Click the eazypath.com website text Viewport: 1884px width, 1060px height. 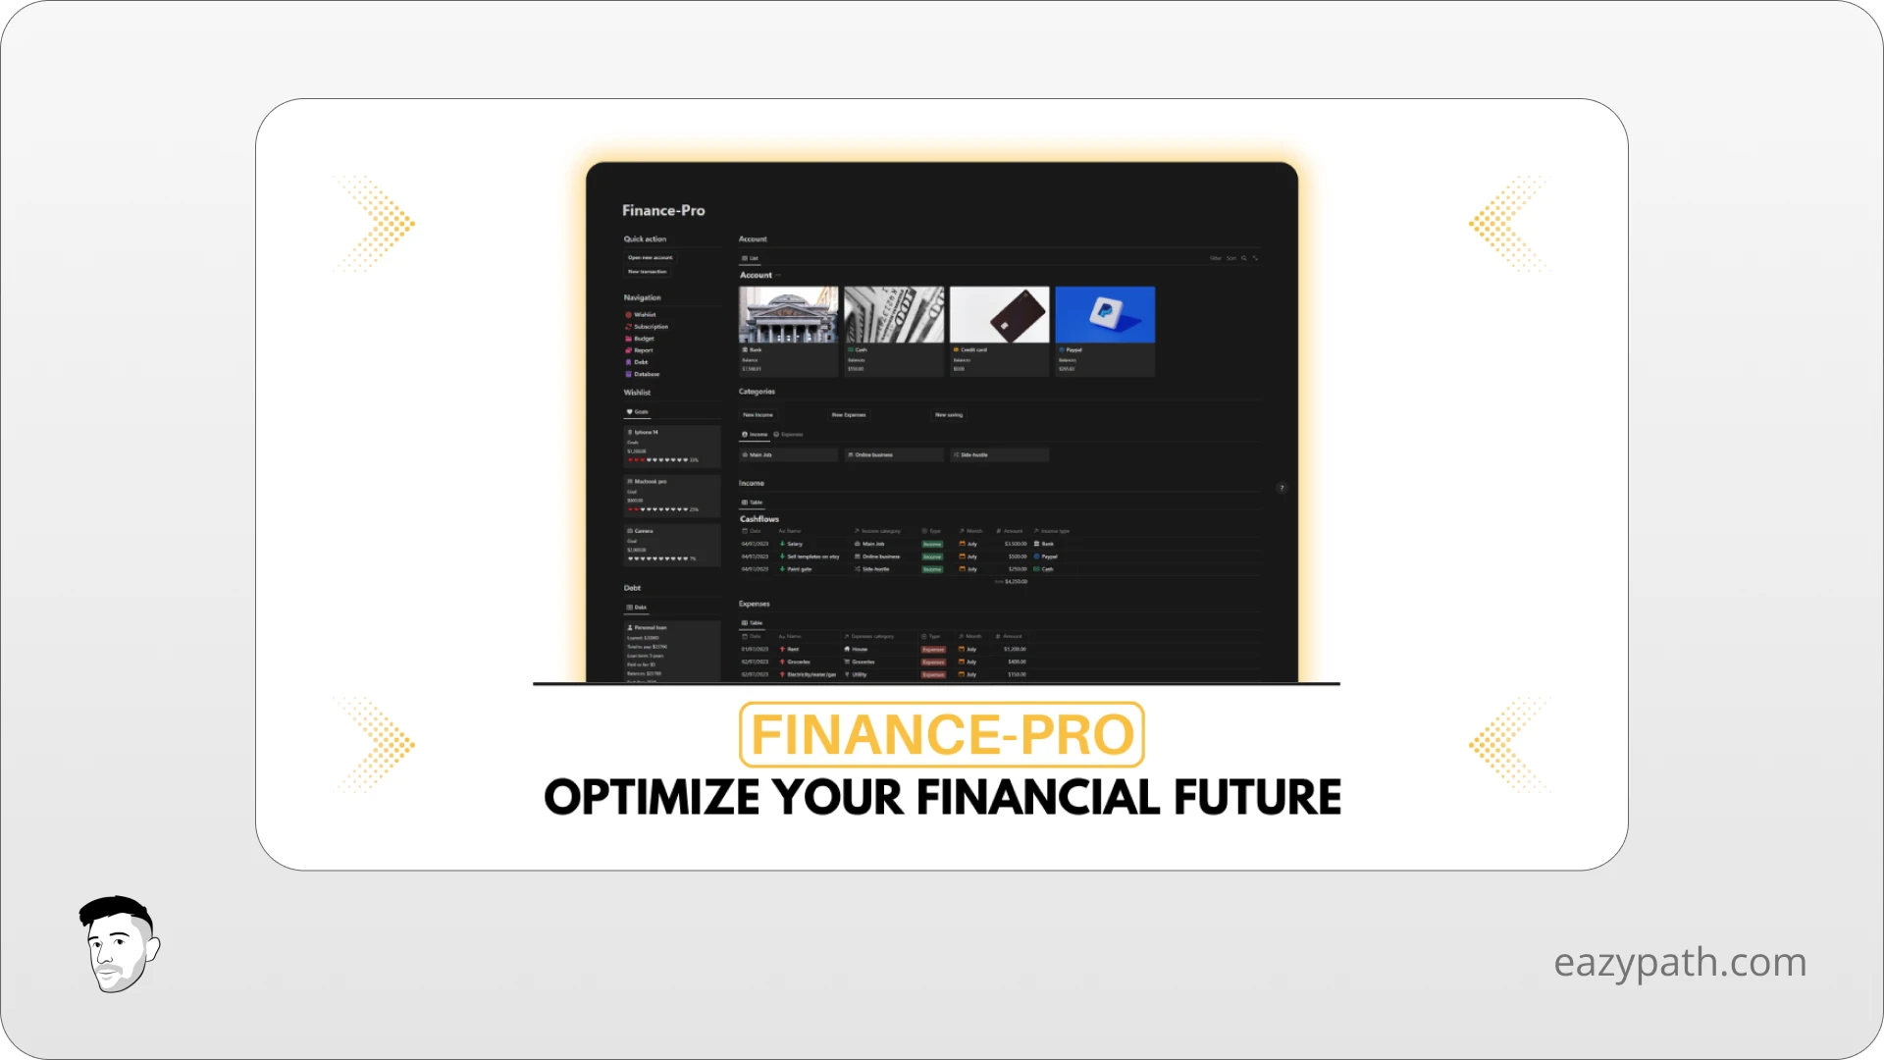tap(1679, 963)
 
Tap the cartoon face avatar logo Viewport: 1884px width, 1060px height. tap(119, 944)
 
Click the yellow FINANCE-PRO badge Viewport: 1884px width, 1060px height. tap(942, 734)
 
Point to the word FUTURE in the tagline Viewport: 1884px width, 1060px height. tap(1257, 797)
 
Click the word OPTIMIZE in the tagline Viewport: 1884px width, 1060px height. tap(652, 797)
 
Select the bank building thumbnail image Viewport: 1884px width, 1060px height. tap(788, 314)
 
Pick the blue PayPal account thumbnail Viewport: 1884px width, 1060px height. tap(1105, 314)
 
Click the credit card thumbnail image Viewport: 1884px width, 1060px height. tap(999, 314)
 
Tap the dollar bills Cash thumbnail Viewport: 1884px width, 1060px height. tap(894, 314)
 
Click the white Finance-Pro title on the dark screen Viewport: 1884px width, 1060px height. tap(663, 210)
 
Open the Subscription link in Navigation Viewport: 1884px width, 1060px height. tap(650, 327)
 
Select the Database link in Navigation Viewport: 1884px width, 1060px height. tap(646, 374)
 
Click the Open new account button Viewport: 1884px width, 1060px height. tap(650, 257)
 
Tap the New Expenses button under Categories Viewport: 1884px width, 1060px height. tap(849, 415)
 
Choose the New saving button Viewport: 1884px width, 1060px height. tap(949, 415)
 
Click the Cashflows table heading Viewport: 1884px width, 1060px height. tap(759, 519)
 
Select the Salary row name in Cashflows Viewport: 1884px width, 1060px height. tap(795, 544)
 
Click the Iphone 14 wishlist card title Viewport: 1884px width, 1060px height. tap(646, 432)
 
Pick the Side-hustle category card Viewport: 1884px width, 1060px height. tap(973, 455)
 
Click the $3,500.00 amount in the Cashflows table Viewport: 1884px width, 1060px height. tap(1016, 544)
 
